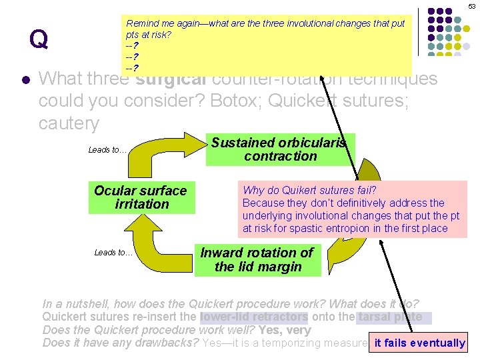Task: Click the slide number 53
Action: pyautogui.click(x=471, y=5)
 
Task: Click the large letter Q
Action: pyautogui.click(x=38, y=40)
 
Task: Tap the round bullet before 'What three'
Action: pyautogui.click(x=25, y=79)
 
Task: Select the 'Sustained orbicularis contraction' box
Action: pyautogui.click(x=280, y=149)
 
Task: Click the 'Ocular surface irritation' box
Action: pyautogui.click(x=141, y=197)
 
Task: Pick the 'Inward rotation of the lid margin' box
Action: pyautogui.click(x=257, y=260)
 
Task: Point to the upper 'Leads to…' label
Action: pyautogui.click(x=107, y=150)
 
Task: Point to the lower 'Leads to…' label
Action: pyautogui.click(x=113, y=252)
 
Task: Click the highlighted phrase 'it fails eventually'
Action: pyautogui.click(x=419, y=343)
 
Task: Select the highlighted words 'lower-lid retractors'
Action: pyautogui.click(x=254, y=317)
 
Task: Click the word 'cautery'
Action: pyautogui.click(x=69, y=123)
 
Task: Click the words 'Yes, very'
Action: pyautogui.click(x=285, y=330)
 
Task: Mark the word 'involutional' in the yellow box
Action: pyautogui.click(x=313, y=23)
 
